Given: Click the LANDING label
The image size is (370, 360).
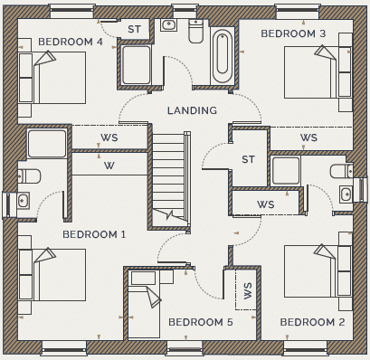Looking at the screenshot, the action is click(192, 110).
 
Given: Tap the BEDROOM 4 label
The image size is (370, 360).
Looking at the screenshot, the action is click(71, 42).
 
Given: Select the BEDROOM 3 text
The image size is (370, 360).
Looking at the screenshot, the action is click(293, 33).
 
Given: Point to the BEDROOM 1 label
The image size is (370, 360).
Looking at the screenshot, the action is click(94, 234).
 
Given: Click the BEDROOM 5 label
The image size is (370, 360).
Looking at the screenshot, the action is click(201, 322).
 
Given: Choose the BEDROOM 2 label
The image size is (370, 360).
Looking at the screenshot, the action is click(312, 322).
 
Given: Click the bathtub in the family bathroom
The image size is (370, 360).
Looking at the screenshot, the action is click(223, 57).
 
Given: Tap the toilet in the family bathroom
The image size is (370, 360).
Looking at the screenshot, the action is click(195, 31).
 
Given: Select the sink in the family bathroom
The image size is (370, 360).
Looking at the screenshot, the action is click(168, 24).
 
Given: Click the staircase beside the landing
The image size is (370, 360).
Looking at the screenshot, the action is click(171, 179).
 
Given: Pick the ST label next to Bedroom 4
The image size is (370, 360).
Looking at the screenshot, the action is click(134, 29).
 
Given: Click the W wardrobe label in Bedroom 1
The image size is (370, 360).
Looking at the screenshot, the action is click(109, 166).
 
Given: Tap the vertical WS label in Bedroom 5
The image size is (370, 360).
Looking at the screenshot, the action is click(247, 290).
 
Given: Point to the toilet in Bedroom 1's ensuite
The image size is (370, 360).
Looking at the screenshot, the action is click(29, 176).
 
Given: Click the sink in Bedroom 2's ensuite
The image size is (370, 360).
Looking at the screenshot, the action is click(346, 194).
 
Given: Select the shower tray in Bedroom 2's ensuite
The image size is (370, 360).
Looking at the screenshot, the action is click(286, 170).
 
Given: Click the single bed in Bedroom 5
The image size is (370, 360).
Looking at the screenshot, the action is click(144, 304).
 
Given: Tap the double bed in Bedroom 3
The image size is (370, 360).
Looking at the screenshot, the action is click(310, 72).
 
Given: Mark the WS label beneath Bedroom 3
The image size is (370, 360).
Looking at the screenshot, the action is click(308, 137).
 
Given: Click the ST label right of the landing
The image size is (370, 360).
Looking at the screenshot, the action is click(248, 159).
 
